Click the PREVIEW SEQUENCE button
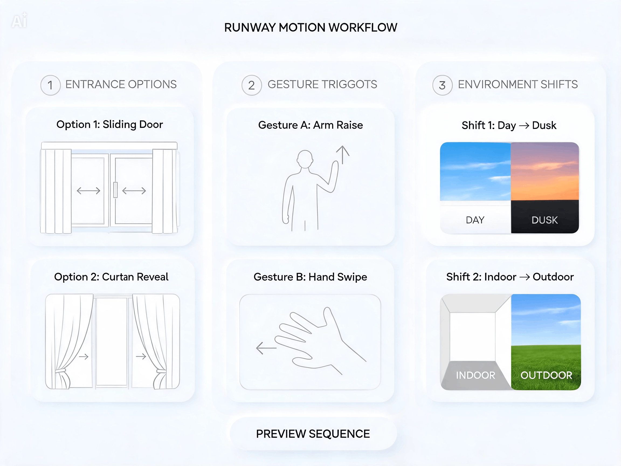[313, 434]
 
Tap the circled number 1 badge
[50, 85]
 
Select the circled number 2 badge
[251, 85]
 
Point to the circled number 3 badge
[443, 85]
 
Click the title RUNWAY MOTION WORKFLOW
[310, 28]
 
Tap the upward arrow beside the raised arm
[343, 155]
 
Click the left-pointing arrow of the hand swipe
[266, 348]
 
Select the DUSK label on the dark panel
[545, 220]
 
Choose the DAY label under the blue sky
[475, 220]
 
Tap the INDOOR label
[475, 375]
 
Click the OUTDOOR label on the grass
[546, 375]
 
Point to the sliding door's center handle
[115, 190]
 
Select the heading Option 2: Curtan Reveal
[111, 277]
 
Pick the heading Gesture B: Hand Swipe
[310, 277]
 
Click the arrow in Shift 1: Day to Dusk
[524, 126]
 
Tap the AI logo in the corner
[19, 20]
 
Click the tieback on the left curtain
[60, 371]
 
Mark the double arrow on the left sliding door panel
[88, 191]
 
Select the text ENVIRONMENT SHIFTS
[518, 84]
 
